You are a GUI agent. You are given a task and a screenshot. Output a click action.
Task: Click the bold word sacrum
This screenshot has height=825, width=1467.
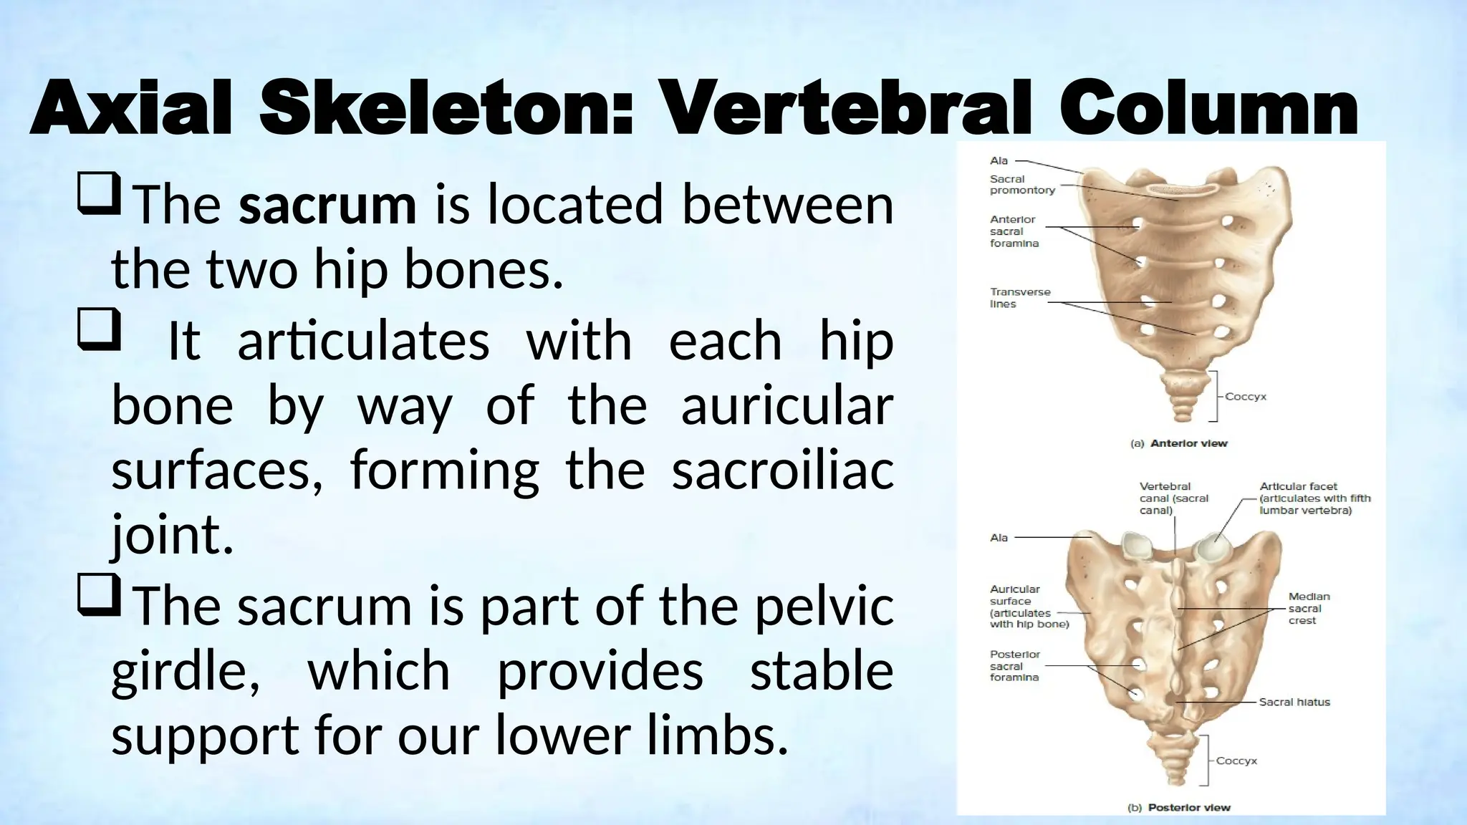point(327,205)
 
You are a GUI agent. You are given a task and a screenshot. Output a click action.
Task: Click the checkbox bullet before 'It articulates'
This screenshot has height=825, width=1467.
point(98,329)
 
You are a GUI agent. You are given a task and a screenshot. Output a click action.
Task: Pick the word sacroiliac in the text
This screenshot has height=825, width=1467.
point(782,471)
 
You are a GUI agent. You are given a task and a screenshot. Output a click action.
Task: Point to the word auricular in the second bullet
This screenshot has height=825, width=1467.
point(787,406)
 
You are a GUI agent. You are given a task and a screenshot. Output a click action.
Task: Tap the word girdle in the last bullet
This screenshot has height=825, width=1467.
point(186,672)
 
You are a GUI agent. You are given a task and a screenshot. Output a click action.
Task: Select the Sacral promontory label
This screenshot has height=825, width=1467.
point(1022,185)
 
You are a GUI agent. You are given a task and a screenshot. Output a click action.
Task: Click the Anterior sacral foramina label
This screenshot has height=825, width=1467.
point(1014,231)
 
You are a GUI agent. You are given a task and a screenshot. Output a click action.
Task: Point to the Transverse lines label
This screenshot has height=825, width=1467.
point(1020,298)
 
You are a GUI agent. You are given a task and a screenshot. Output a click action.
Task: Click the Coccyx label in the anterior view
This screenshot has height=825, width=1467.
point(1245,396)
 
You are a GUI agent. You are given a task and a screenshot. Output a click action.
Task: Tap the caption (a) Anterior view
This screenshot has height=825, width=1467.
point(1178,443)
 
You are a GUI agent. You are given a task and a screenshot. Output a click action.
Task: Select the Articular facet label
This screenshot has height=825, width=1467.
point(1314,498)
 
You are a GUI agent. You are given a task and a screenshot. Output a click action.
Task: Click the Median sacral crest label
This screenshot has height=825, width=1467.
point(1309,608)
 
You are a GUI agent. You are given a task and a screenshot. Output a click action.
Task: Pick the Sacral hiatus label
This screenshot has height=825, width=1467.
point(1294,702)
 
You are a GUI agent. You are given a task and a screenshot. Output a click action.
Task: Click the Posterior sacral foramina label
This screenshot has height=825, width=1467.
point(1014,665)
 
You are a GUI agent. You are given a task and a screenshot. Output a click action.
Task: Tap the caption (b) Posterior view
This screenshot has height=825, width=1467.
point(1178,807)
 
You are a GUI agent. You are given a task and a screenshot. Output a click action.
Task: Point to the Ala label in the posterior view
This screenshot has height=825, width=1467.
point(999,538)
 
